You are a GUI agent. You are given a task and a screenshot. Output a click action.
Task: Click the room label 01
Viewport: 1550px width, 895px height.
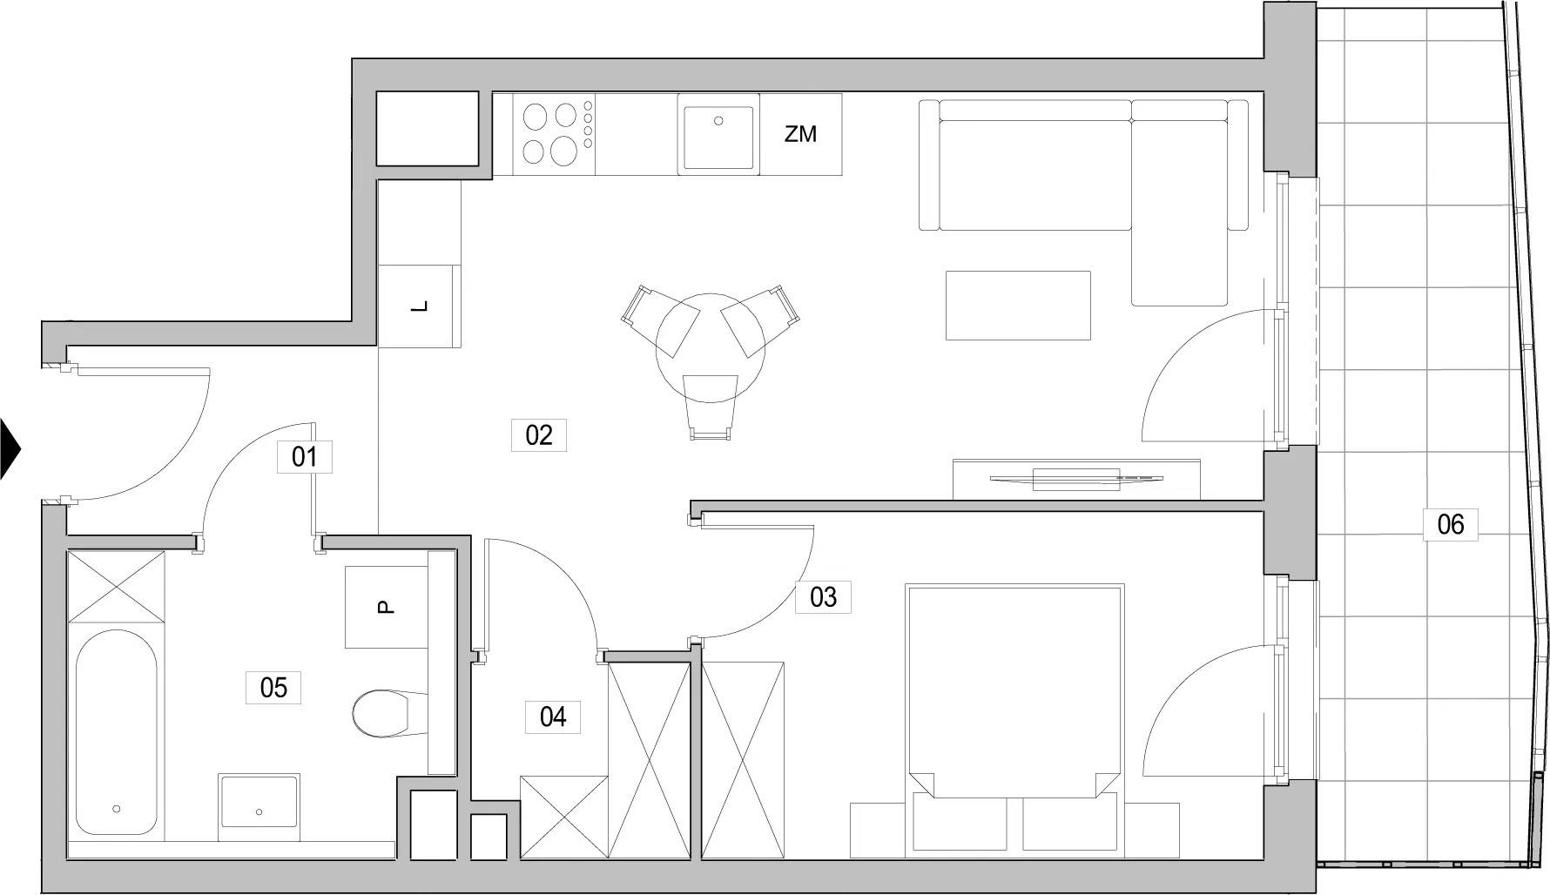point(304,456)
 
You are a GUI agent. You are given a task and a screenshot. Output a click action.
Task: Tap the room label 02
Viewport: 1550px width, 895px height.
point(539,434)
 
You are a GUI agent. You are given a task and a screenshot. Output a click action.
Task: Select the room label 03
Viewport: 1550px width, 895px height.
point(823,596)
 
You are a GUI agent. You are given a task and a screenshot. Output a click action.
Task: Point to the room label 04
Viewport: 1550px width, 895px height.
point(553,717)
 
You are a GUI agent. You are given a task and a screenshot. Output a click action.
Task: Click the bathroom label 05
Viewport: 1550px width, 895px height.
point(273,687)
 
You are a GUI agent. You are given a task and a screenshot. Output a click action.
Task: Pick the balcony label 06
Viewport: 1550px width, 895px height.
point(1451,524)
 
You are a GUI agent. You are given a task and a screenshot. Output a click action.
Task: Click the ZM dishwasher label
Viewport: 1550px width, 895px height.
point(801,134)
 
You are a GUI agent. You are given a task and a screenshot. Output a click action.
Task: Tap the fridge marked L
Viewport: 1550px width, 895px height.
point(420,306)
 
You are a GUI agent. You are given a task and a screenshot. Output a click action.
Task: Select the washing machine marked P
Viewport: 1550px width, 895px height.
point(387,607)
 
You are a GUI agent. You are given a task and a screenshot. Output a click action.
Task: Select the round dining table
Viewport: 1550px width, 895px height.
point(711,347)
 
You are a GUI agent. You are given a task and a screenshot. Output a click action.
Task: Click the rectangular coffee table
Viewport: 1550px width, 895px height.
point(1018,305)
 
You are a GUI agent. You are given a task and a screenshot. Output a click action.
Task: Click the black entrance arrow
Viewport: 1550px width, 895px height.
point(10,449)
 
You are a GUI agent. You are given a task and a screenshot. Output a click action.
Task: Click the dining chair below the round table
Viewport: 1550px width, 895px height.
point(711,407)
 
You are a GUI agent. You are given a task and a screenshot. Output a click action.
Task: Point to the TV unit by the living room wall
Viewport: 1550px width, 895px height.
point(1076,478)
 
